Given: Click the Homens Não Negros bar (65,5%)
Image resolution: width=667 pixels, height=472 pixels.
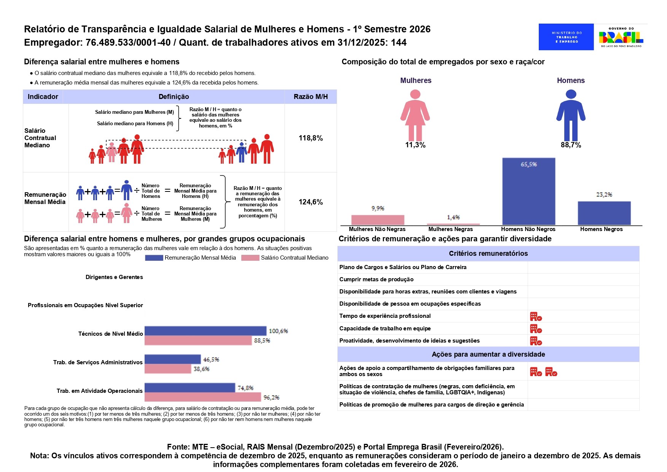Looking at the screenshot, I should click(529, 191).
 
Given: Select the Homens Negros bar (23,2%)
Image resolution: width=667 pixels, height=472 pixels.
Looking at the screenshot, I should click(604, 213).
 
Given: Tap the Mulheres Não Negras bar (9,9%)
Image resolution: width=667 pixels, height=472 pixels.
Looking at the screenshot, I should click(377, 220).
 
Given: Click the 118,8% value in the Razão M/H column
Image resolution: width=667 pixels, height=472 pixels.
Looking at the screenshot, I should click(310, 138).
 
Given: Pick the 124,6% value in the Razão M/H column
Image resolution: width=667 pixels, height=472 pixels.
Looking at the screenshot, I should click(310, 202).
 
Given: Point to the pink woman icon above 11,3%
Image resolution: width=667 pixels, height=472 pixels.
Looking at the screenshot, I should click(415, 115).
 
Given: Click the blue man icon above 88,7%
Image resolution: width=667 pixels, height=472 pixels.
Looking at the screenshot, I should click(571, 115).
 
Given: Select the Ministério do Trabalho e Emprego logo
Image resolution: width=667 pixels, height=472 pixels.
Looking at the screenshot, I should click(566, 37).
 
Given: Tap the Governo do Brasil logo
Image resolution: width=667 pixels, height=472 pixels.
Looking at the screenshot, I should click(621, 37).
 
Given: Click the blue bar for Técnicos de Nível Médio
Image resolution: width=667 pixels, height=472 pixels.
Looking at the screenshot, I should click(205, 331).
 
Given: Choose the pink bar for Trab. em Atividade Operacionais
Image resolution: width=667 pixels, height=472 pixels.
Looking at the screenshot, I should click(203, 397).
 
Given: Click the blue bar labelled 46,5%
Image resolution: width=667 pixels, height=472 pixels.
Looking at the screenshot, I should click(172, 359).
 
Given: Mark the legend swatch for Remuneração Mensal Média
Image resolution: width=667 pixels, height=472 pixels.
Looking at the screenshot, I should click(154, 258).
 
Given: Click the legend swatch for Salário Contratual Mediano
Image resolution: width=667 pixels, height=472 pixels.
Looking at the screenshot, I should click(250, 258).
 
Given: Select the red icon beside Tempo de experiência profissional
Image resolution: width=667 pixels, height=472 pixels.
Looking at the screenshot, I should click(536, 316).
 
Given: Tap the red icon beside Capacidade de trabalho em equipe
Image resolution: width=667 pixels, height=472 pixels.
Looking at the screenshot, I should click(536, 328).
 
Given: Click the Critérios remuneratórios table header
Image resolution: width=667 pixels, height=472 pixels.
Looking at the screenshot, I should click(488, 254).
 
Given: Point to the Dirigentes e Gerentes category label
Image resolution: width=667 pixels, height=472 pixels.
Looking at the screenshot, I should click(114, 277).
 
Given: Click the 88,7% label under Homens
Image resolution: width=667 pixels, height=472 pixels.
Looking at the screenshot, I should click(571, 145).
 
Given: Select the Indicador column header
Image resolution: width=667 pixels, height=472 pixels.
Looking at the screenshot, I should click(43, 97).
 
